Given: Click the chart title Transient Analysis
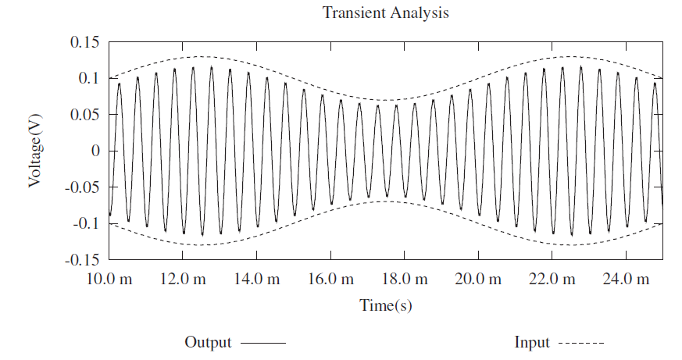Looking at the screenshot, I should click(386, 12).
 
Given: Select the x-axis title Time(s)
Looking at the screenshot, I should click(386, 305).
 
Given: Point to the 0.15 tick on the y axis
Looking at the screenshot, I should click(85, 41).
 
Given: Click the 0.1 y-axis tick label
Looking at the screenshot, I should click(89, 78).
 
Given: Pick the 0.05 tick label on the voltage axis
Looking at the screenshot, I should click(85, 114).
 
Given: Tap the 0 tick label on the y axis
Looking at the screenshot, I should click(95, 151).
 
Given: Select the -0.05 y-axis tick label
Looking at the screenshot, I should click(83, 187).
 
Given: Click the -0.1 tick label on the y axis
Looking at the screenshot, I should click(87, 223).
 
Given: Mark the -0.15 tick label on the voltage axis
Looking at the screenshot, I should click(83, 259).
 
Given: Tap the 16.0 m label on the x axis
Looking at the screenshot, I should click(330, 279).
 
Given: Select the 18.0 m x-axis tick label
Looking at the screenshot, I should click(404, 279).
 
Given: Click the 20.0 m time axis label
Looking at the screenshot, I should click(478, 279).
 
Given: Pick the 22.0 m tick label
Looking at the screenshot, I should click(552, 279).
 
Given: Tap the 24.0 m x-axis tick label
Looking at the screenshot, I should click(626, 279).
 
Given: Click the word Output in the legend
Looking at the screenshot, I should click(208, 342).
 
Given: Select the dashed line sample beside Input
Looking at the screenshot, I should click(580, 343).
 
